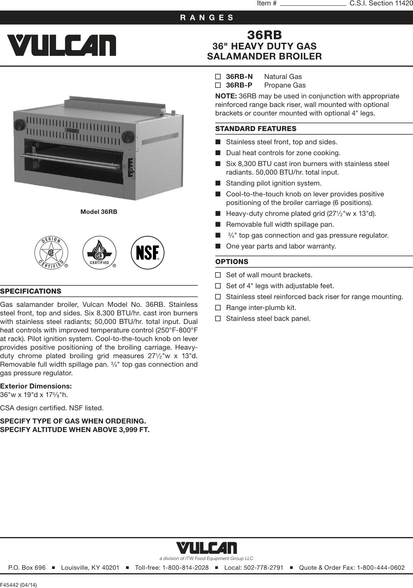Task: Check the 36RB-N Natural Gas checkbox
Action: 218,77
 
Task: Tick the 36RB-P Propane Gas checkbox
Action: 218,85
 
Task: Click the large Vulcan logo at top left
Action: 61,45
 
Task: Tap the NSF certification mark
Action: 147,253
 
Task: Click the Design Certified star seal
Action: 51,253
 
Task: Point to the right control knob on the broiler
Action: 127,137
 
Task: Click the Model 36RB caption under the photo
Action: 99,212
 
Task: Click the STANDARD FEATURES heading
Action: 255,129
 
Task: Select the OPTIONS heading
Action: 232,262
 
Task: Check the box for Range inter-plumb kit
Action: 218,308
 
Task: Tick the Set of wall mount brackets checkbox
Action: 218,275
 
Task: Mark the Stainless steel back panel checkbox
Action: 218,318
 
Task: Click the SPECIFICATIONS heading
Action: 31,291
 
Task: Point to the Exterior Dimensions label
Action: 36,386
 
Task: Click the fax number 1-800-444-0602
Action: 381,568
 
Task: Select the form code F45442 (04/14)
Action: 19,584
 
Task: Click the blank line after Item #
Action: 313,3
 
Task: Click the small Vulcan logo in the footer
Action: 206,548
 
